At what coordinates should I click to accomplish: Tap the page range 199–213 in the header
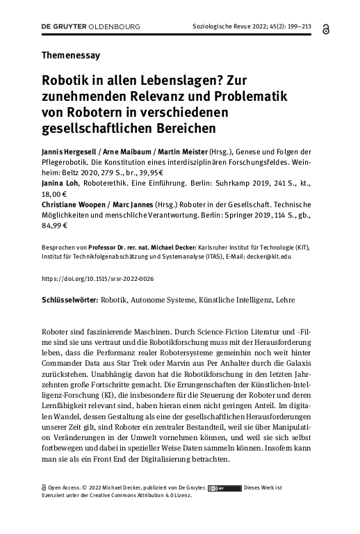(297, 26)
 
